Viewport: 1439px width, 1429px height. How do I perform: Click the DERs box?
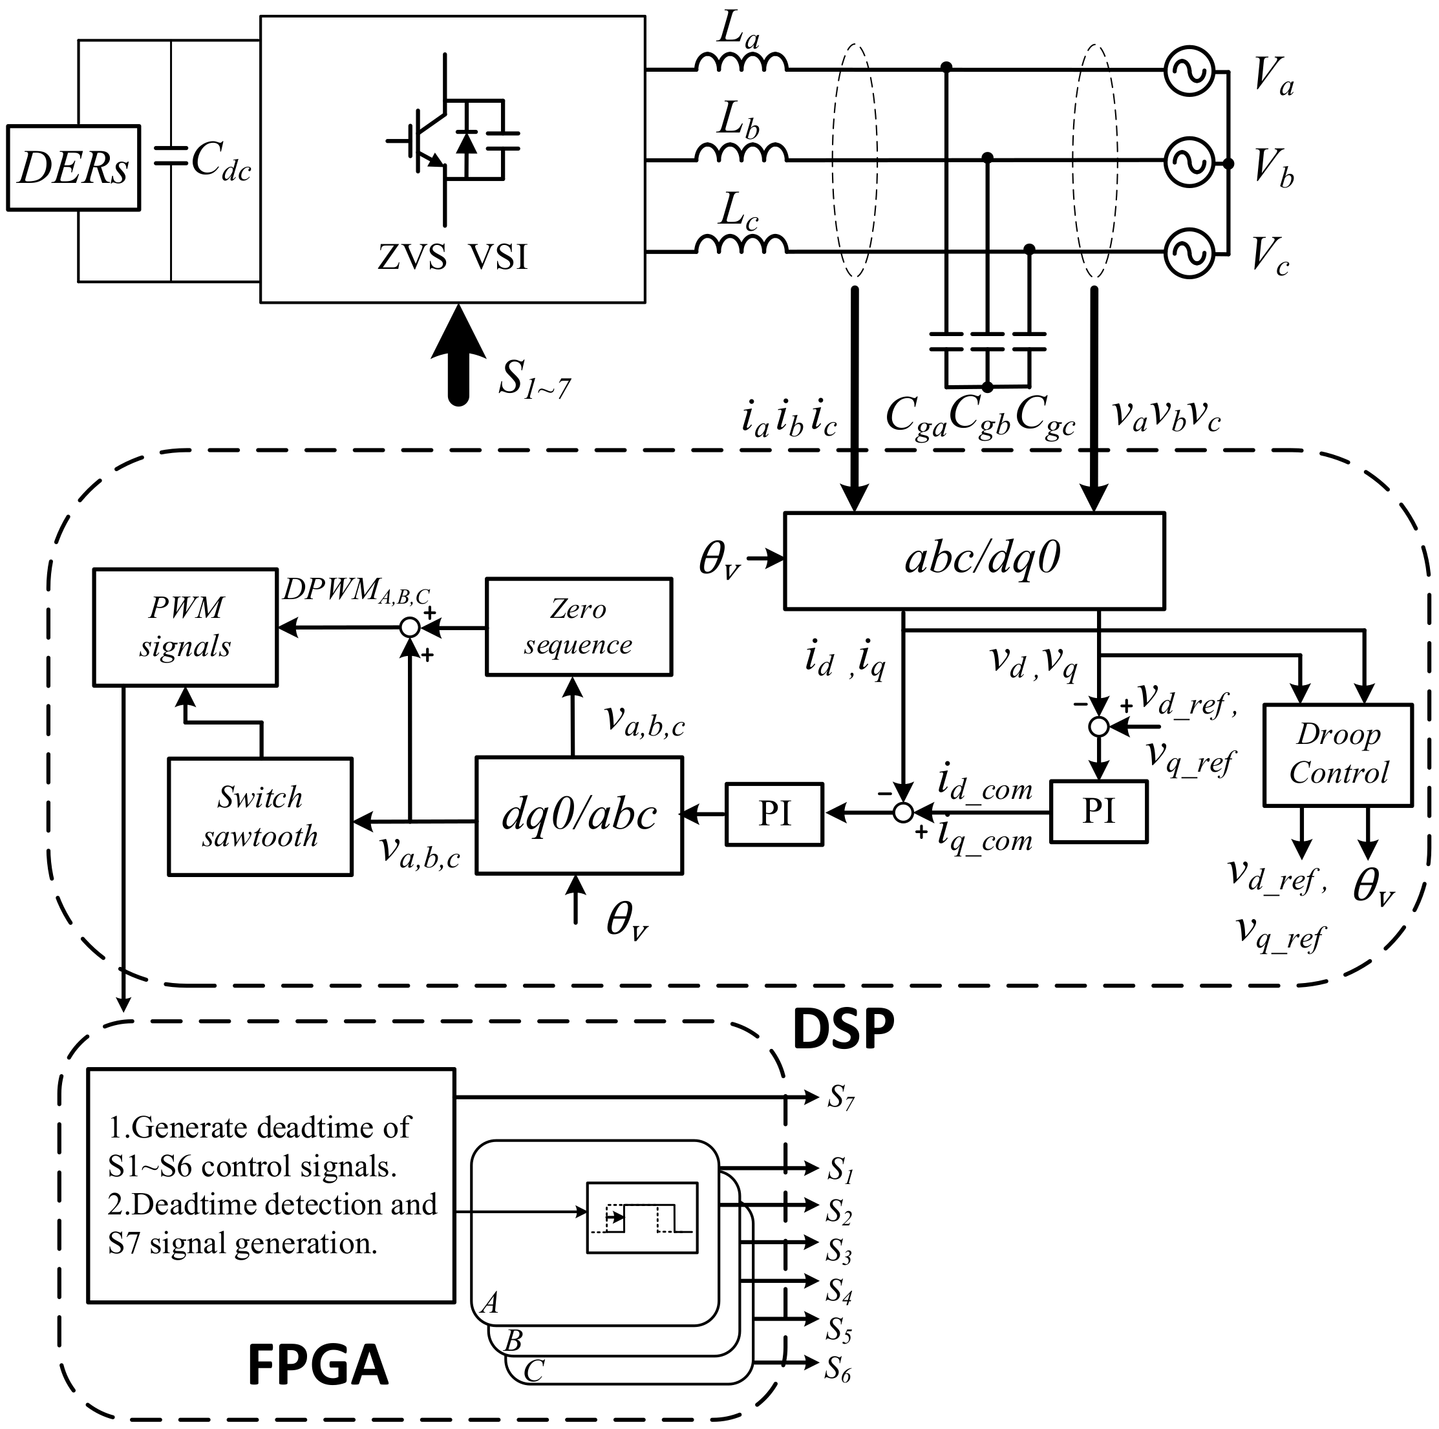pyautogui.click(x=73, y=167)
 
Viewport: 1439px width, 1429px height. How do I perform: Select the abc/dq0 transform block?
pyautogui.click(x=974, y=560)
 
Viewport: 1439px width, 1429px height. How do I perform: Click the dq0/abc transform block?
pyautogui.click(x=579, y=816)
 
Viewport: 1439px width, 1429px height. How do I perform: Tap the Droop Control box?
pyautogui.click(x=1338, y=754)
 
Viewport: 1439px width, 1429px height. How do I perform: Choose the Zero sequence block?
pyautogui.click(x=578, y=627)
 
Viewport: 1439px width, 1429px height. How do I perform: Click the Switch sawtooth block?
pyautogui.click(x=260, y=817)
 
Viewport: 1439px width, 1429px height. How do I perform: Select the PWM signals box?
pyautogui.click(x=185, y=627)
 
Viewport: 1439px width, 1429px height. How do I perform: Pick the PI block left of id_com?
pyautogui.click(x=774, y=814)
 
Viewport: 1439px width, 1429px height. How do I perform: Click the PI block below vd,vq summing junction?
pyautogui.click(x=1098, y=812)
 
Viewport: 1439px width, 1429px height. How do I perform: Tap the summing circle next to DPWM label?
pyautogui.click(x=410, y=628)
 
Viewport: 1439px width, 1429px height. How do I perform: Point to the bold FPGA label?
pyautogui.click(x=317, y=1365)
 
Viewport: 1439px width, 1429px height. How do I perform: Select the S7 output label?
pyautogui.click(x=841, y=1097)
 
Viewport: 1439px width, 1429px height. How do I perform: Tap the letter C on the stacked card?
pyautogui.click(x=534, y=1371)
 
